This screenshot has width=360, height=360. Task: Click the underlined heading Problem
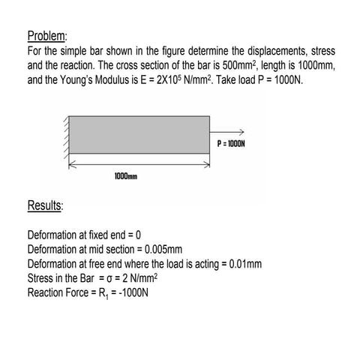click(x=47, y=37)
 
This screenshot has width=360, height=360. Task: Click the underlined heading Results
click(x=45, y=205)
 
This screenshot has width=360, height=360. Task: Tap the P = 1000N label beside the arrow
click(x=231, y=142)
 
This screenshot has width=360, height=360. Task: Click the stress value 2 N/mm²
click(x=138, y=278)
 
